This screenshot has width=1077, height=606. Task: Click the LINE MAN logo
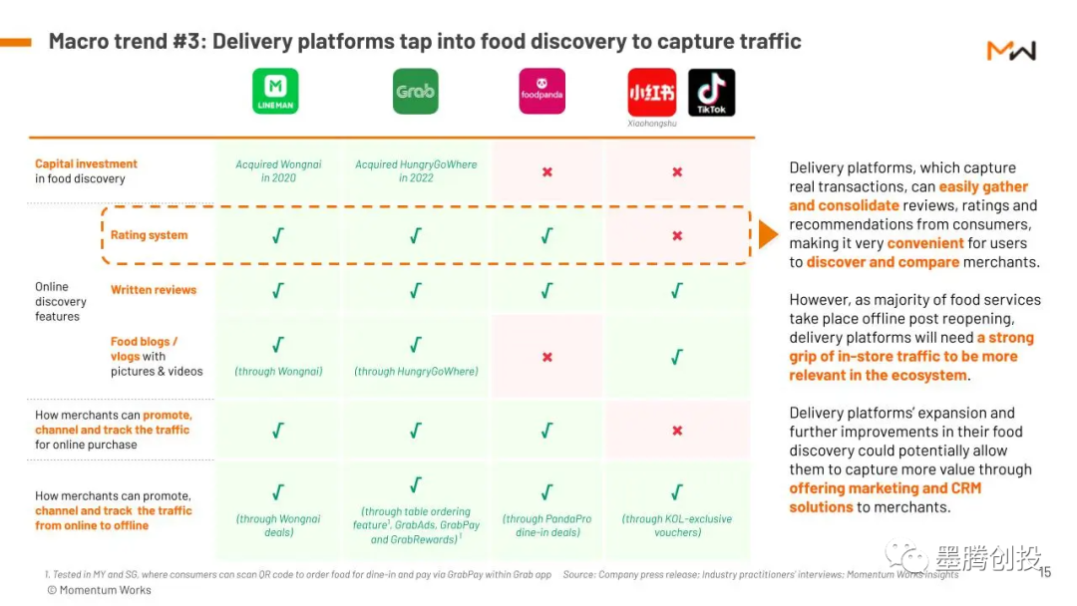click(275, 91)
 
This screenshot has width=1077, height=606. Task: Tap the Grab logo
click(416, 91)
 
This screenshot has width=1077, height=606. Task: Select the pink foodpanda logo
click(541, 92)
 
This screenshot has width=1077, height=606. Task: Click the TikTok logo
click(711, 92)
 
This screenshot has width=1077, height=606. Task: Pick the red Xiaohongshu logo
click(652, 92)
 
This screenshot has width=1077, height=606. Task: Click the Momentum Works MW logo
click(1011, 50)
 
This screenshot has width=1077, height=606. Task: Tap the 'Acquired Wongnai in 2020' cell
click(279, 171)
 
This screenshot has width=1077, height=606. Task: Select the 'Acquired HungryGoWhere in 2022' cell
click(416, 171)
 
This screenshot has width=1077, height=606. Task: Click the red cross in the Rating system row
click(677, 236)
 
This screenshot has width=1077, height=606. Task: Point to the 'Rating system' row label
click(149, 235)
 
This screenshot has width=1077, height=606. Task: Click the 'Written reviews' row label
click(154, 290)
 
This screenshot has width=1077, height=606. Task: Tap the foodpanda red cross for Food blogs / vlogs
click(546, 357)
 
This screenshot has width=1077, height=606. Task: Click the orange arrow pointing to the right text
click(768, 234)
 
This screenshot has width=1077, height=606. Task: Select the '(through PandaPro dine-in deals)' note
click(546, 525)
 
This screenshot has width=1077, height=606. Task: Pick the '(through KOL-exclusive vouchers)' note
click(677, 525)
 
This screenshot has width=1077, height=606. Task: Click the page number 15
click(1044, 572)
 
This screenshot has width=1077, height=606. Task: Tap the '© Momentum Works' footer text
click(99, 590)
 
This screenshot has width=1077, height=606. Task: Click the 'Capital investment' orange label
click(86, 163)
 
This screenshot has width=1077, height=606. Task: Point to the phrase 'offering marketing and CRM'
click(885, 488)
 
